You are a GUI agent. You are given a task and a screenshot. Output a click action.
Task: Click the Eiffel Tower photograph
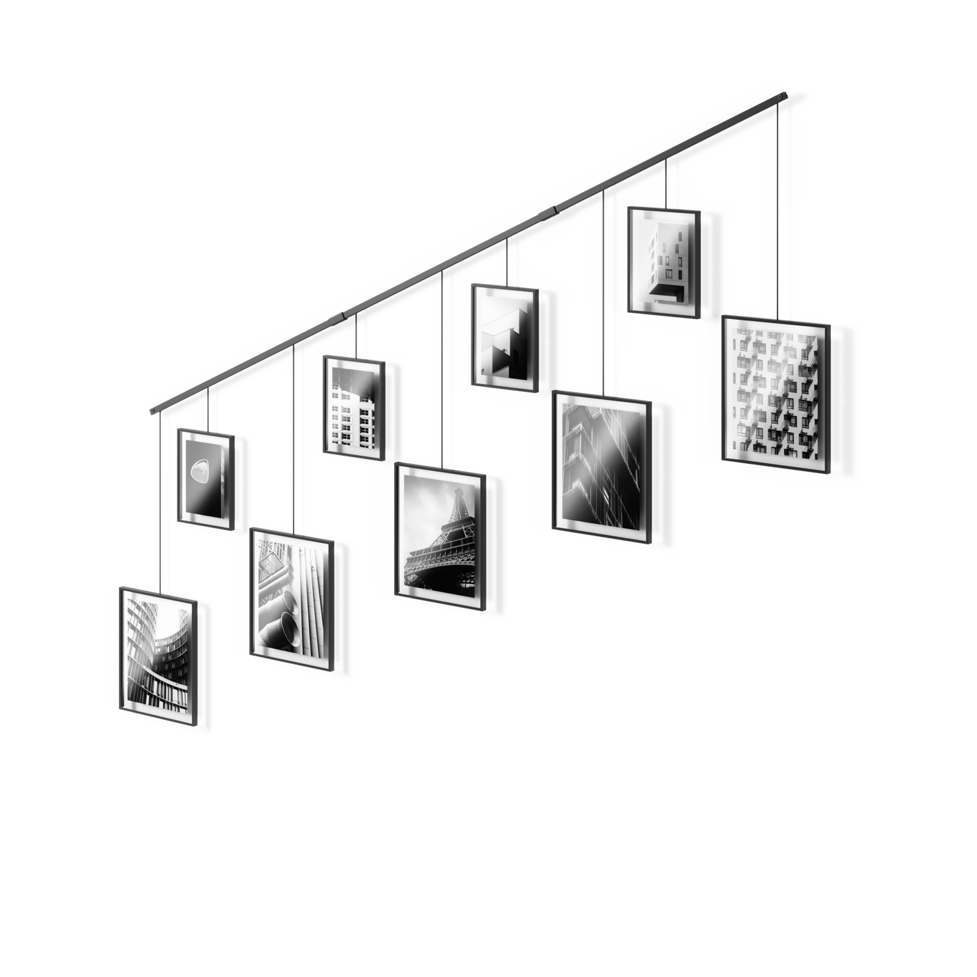[x=439, y=531]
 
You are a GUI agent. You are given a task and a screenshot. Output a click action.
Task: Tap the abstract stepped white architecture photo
[x=504, y=337]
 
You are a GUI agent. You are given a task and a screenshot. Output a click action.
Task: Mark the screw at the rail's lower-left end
[x=151, y=410]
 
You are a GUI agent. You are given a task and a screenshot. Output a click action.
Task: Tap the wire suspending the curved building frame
[x=159, y=500]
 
